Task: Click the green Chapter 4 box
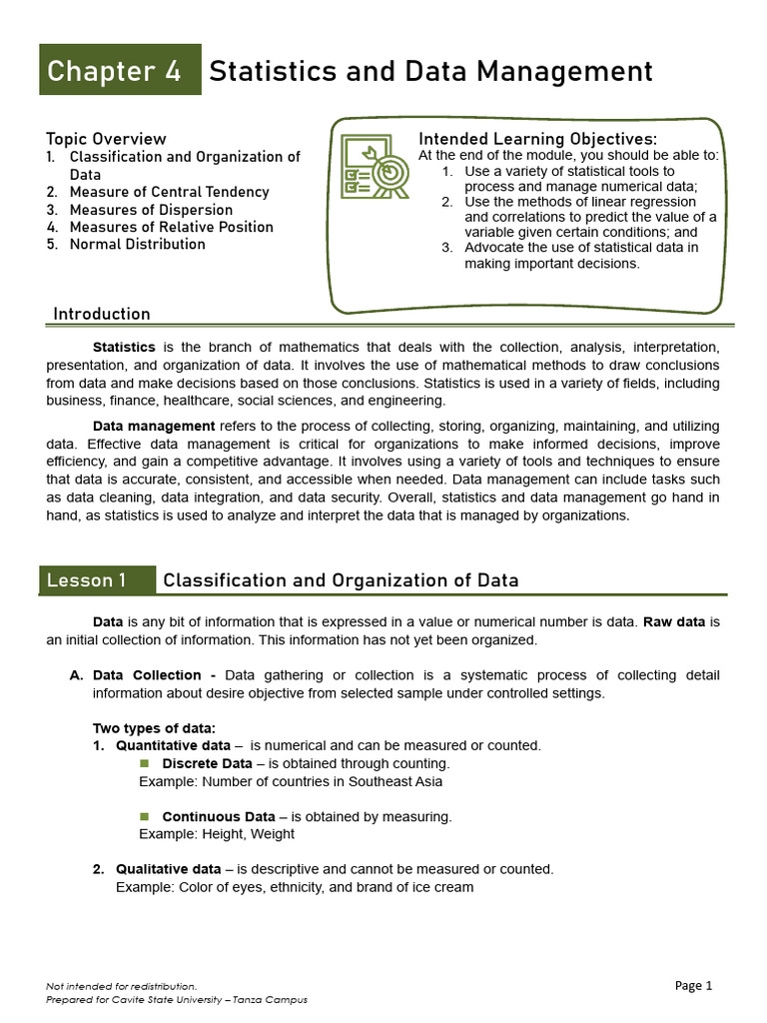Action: (120, 71)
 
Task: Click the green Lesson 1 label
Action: (97, 580)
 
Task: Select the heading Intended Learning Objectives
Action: (537, 139)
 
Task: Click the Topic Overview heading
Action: (106, 139)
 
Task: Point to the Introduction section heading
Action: (102, 314)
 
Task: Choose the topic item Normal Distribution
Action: (137, 244)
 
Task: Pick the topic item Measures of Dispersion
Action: (151, 210)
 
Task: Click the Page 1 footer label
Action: (693, 985)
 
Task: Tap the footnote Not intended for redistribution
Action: (121, 986)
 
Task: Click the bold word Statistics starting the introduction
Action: (124, 348)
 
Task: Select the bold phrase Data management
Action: (154, 427)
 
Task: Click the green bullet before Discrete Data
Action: (144, 763)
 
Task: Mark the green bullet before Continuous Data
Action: (144, 816)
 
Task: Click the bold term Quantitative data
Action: (173, 745)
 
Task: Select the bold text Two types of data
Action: (154, 727)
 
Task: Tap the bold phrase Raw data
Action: (674, 621)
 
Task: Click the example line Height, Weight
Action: (217, 834)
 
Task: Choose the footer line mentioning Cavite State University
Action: (177, 999)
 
